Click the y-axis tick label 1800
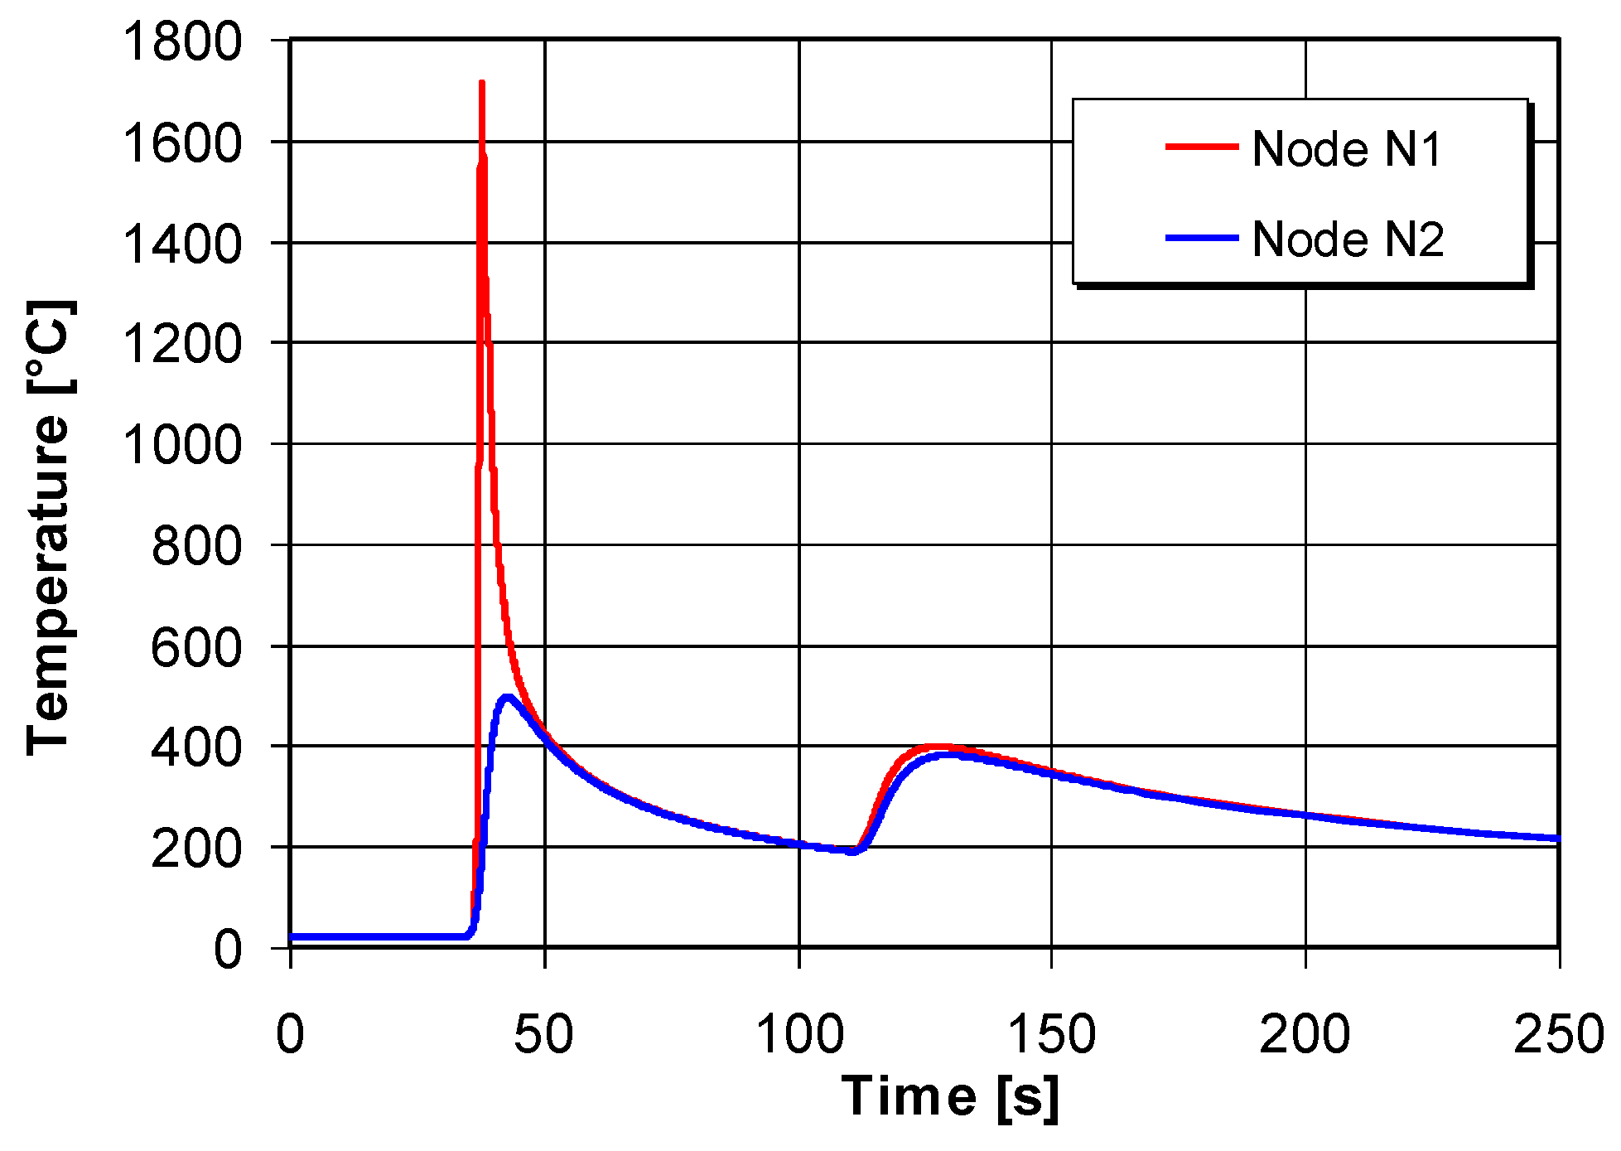point(181,41)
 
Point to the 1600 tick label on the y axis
point(181,143)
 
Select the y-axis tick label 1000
point(181,444)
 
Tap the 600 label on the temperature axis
point(195,646)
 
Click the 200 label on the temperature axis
point(195,848)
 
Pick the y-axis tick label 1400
point(181,244)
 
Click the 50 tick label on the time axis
point(543,1034)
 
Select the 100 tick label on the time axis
point(799,1034)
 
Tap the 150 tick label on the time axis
point(1052,1034)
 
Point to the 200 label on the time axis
point(1305,1034)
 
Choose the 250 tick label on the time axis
point(1558,1034)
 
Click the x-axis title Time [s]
point(950,1097)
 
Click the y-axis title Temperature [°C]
point(50,527)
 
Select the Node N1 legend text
point(1347,149)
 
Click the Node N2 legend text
point(1348,239)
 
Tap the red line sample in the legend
point(1201,148)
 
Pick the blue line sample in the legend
point(1201,239)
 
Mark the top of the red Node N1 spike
point(481,83)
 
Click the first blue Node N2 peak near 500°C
point(505,698)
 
